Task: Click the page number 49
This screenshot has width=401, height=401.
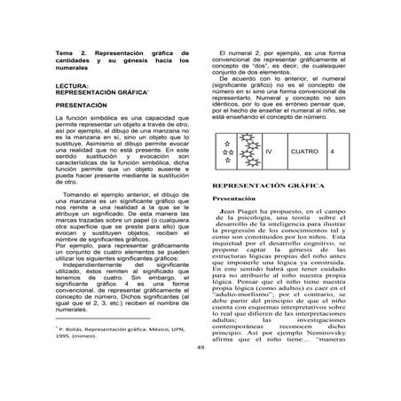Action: pyautogui.click(x=200, y=373)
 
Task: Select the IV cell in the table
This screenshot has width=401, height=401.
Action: pyautogui.click(x=268, y=152)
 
